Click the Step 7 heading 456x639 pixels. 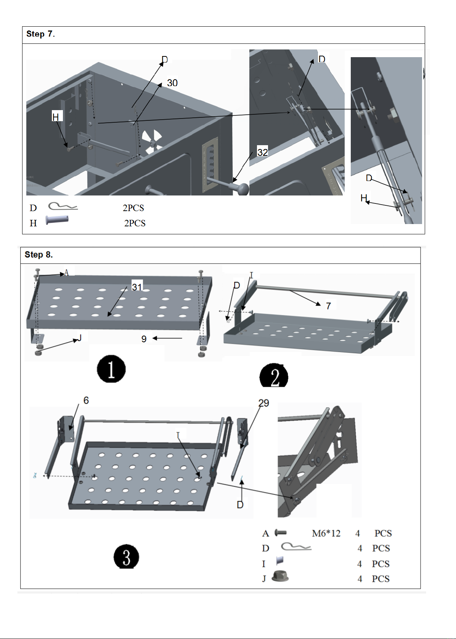[40, 34]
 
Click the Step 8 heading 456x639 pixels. [39, 255]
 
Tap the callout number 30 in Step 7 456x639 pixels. [172, 83]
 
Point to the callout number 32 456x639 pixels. [263, 152]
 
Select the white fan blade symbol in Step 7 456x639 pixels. [151, 141]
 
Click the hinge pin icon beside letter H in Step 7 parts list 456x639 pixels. [57, 220]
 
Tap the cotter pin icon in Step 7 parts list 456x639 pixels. [63, 207]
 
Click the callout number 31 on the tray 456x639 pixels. [137, 287]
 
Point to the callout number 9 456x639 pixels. [144, 339]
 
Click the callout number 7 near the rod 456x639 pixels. [328, 306]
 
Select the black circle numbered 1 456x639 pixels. [111, 369]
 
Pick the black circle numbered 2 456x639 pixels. [274, 376]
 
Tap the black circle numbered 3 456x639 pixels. [126, 557]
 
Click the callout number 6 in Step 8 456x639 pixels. [86, 400]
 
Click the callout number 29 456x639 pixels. [263, 403]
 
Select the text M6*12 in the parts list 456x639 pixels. [326, 533]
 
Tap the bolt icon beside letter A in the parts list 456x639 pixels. [280, 532]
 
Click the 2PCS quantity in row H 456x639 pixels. [135, 223]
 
